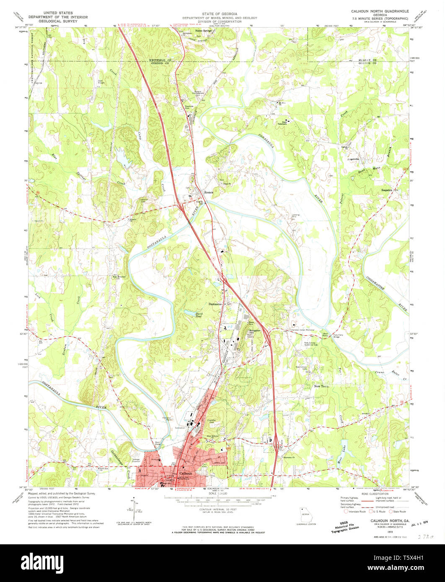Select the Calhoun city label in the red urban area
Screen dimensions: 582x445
(185, 474)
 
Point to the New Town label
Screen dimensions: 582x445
(322, 386)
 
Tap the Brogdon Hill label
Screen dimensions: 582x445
(255, 332)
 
